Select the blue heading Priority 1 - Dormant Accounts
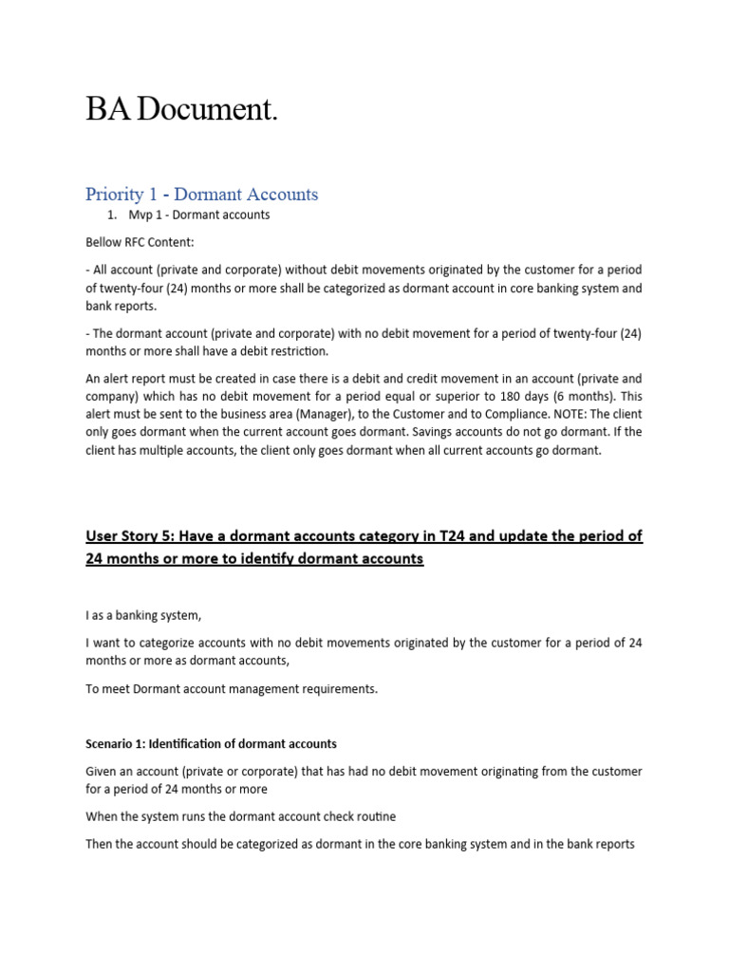tap(201, 195)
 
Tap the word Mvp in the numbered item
tap(142, 215)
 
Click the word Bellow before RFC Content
tap(105, 243)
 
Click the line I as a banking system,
tap(143, 615)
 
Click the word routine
tap(374, 816)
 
